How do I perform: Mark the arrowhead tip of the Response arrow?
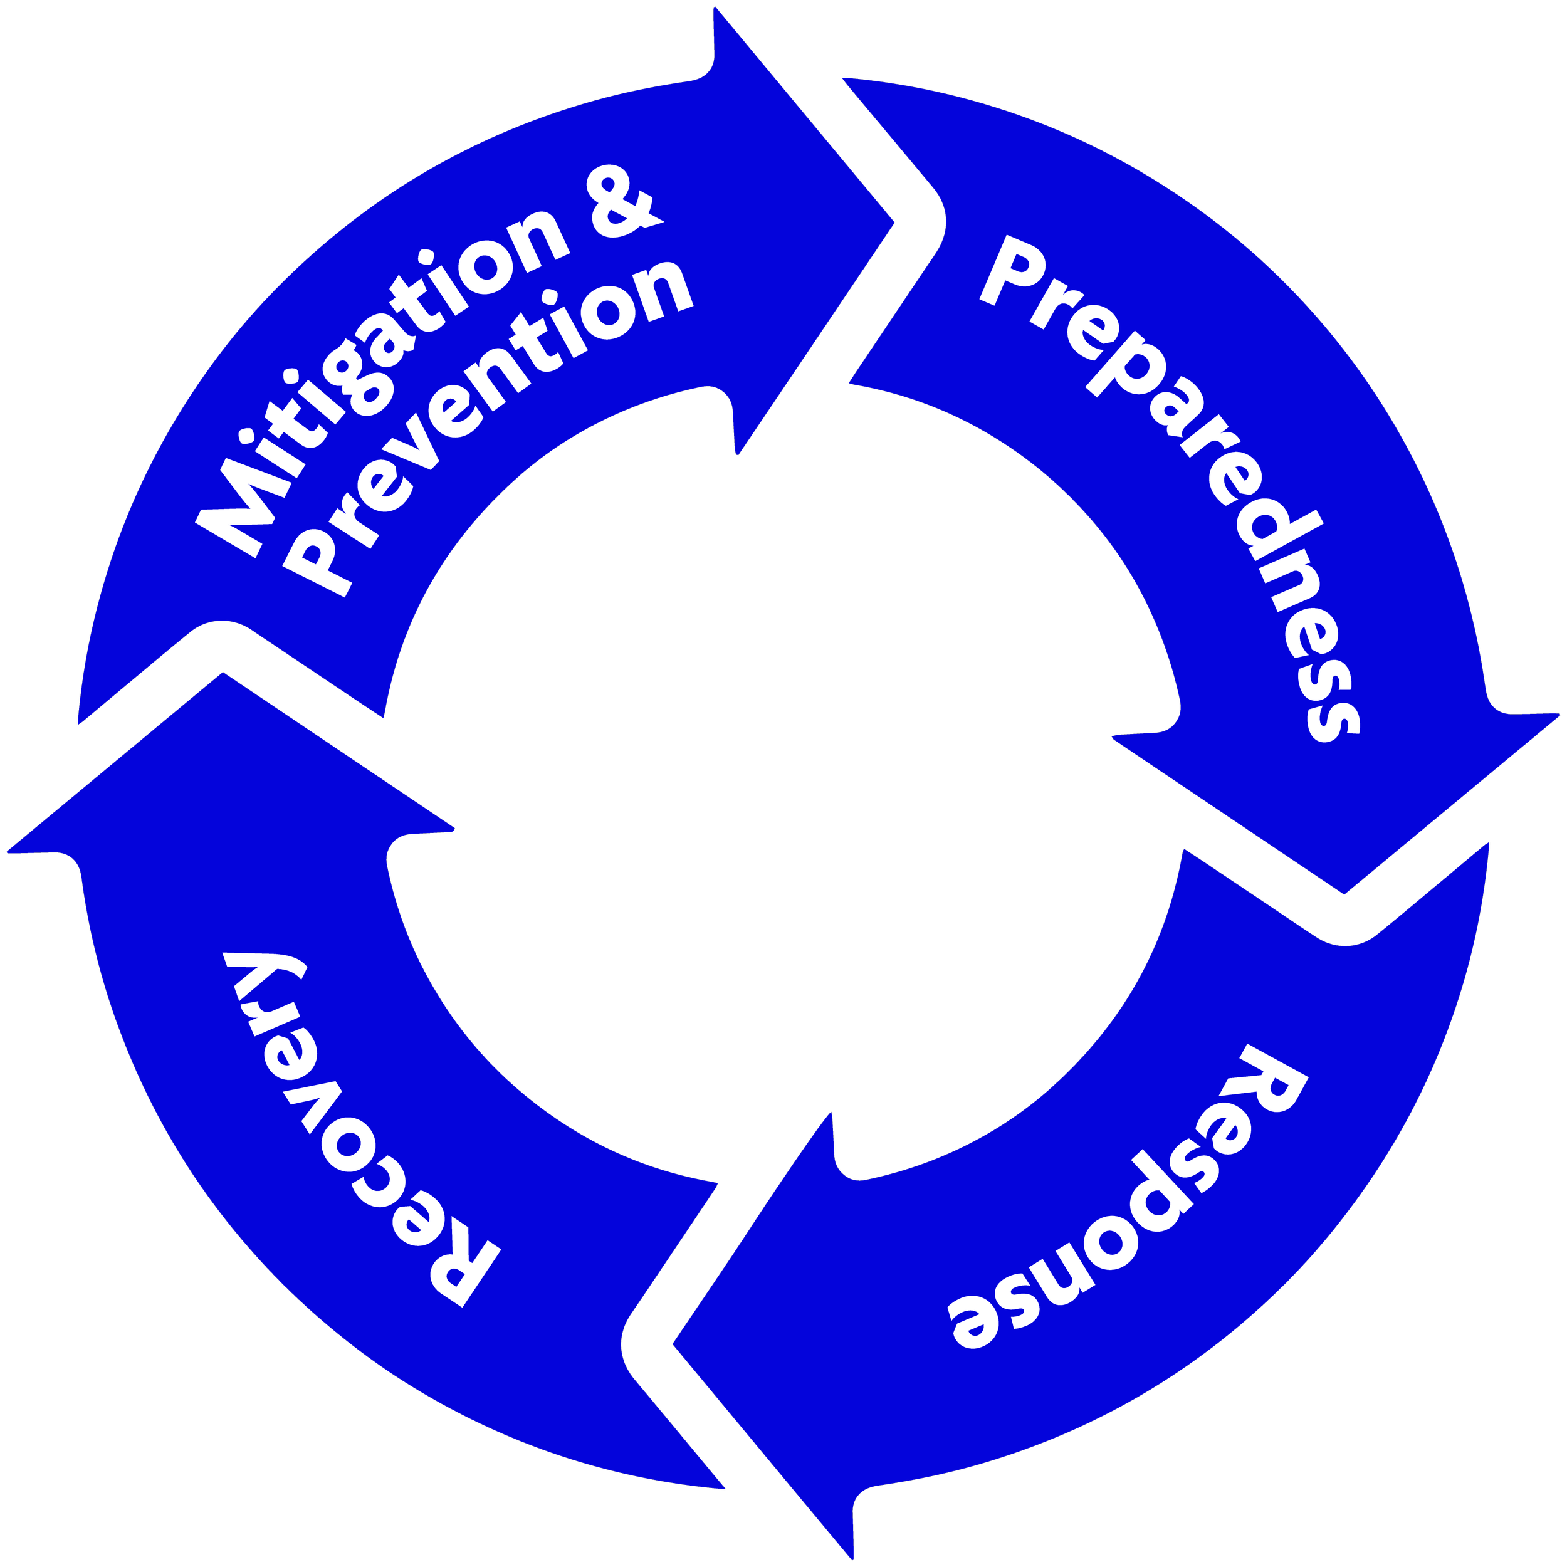click(x=673, y=1344)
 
